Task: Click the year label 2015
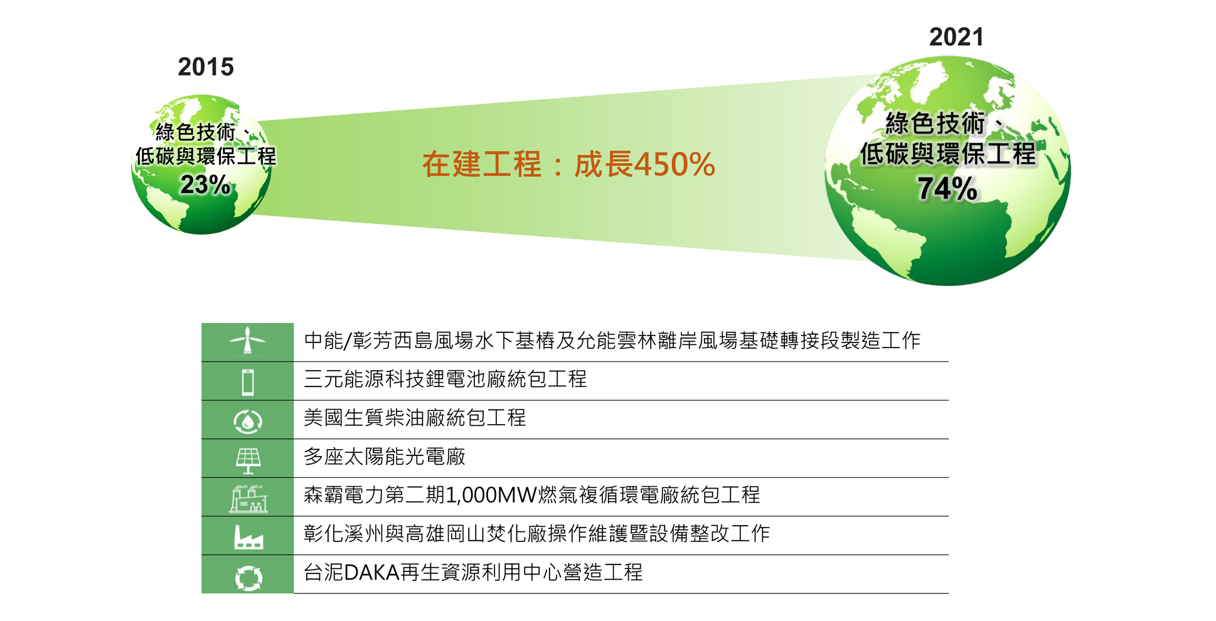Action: click(x=206, y=66)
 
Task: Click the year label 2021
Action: click(x=956, y=37)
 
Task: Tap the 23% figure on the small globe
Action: click(x=205, y=184)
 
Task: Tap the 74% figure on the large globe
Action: click(x=947, y=188)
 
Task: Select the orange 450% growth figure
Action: click(x=675, y=164)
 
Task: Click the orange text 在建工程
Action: click(x=481, y=164)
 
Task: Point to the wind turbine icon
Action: click(x=248, y=341)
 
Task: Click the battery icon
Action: click(x=248, y=381)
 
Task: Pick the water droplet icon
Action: click(x=248, y=421)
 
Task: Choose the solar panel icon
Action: click(x=248, y=460)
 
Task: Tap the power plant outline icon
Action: click(x=248, y=499)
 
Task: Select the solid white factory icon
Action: click(x=248, y=538)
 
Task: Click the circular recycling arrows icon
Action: click(x=248, y=578)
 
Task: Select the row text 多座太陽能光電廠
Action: click(x=385, y=456)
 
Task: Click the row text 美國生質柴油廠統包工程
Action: click(x=415, y=418)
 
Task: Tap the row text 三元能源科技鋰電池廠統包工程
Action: click(x=445, y=379)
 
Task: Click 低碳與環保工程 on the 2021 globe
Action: click(x=947, y=154)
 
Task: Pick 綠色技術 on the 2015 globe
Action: click(x=195, y=132)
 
